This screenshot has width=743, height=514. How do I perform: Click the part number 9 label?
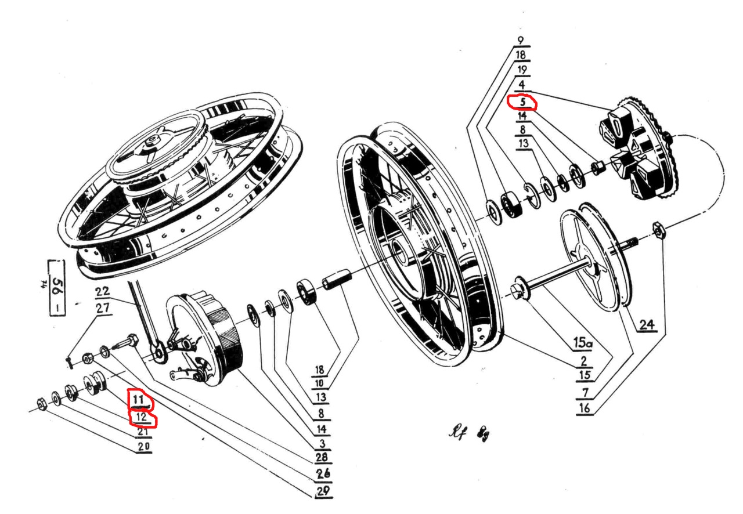[520, 41]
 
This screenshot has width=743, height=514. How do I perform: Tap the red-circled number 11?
[139, 400]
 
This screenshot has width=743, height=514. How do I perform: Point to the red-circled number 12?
[141, 417]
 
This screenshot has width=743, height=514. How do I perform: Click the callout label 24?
[647, 325]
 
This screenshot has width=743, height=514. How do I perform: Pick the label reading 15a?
[582, 344]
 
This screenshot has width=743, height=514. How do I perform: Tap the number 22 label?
[103, 293]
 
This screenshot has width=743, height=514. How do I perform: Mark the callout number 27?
[103, 309]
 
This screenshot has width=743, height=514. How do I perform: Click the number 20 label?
[143, 446]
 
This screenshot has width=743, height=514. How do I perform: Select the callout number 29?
[323, 491]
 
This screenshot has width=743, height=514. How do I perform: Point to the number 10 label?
[320, 383]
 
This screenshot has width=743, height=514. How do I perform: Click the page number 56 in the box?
[57, 288]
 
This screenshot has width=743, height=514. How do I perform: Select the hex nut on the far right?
[659, 231]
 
